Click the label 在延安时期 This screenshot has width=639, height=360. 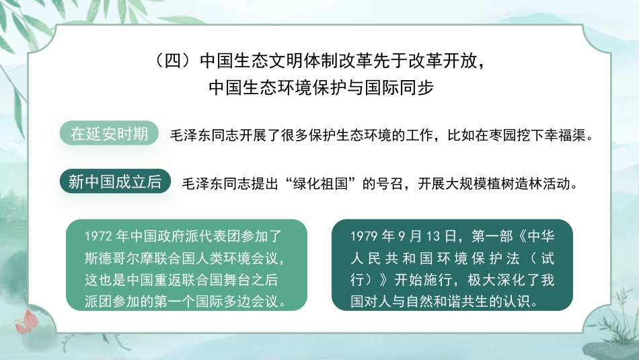[x=110, y=133]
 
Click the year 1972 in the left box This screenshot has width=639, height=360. [x=98, y=237]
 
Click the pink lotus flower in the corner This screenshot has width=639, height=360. [x=27, y=321]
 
